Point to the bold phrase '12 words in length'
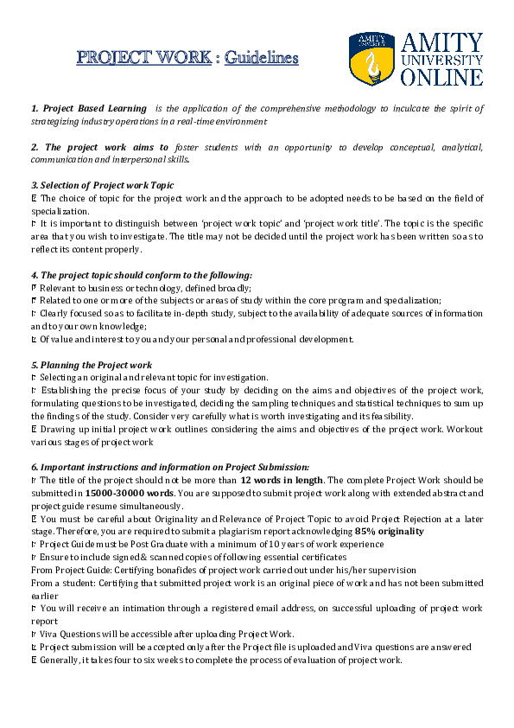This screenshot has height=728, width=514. click(281, 481)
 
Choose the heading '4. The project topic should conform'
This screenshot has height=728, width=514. click(141, 275)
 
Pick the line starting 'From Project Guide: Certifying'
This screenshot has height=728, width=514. click(223, 570)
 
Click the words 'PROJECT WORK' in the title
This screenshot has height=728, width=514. click(143, 59)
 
